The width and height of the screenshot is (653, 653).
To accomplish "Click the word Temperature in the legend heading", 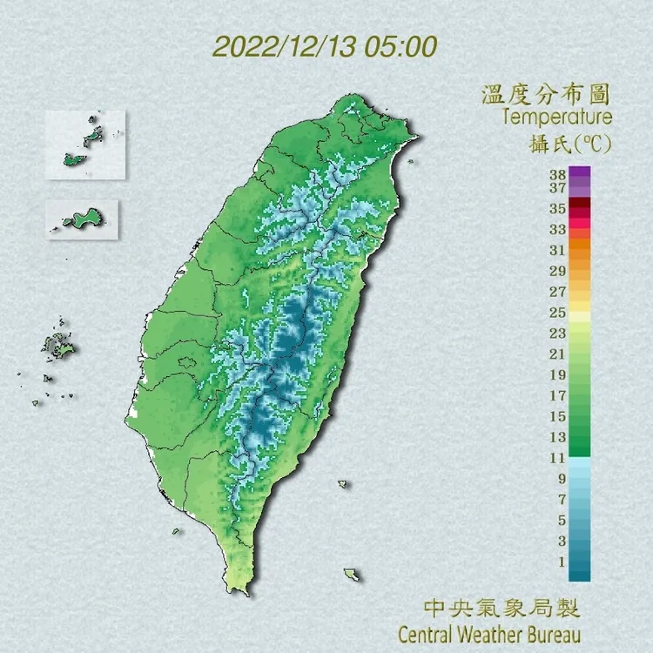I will [557, 116].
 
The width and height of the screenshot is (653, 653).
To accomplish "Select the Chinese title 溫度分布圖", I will [547, 93].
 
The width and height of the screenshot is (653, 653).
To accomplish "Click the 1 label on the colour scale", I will [562, 562].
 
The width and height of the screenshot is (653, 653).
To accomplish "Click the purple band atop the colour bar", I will [580, 172].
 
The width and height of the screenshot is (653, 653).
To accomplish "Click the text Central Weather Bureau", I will [488, 631].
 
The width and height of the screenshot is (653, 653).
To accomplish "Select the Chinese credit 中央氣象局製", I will [501, 606].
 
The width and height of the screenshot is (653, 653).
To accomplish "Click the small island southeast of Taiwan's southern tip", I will [352, 575].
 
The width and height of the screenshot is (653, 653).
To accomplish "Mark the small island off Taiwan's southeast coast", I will [345, 484].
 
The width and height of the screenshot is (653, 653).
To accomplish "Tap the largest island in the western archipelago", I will [62, 349].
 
